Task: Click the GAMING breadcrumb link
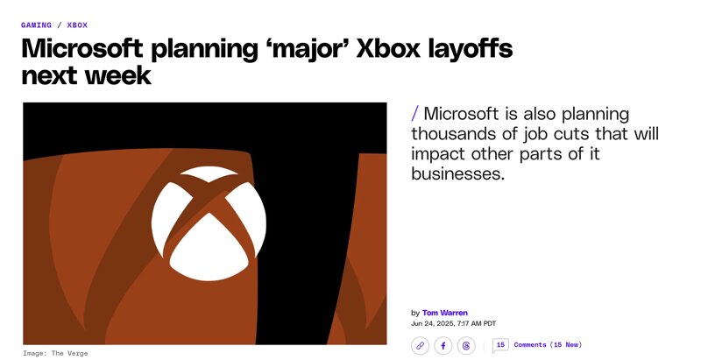click(36, 25)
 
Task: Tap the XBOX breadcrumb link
click(77, 25)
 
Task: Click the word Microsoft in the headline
click(82, 48)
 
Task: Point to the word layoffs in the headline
click(471, 49)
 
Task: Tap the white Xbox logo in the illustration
click(209, 223)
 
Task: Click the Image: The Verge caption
click(55, 353)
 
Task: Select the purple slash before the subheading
click(415, 114)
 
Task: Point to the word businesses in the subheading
click(457, 173)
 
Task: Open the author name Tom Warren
click(445, 313)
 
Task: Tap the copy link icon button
click(420, 346)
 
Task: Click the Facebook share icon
click(443, 346)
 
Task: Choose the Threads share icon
click(466, 346)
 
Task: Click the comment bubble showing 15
click(500, 345)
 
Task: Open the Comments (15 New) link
click(548, 345)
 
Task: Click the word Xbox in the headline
click(388, 48)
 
